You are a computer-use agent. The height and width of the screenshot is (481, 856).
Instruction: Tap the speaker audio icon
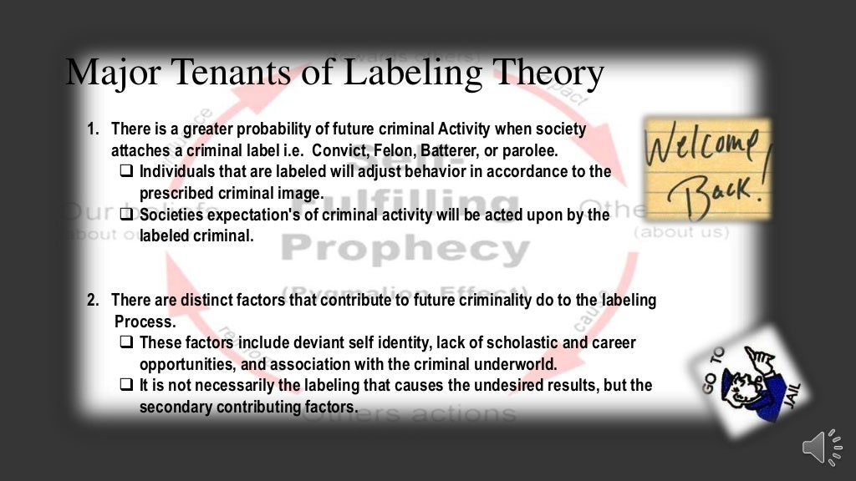click(823, 449)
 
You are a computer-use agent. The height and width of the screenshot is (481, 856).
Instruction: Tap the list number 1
click(93, 129)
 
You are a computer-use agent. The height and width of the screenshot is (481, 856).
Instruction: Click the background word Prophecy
click(405, 249)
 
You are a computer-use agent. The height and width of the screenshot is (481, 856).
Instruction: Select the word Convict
click(337, 151)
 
